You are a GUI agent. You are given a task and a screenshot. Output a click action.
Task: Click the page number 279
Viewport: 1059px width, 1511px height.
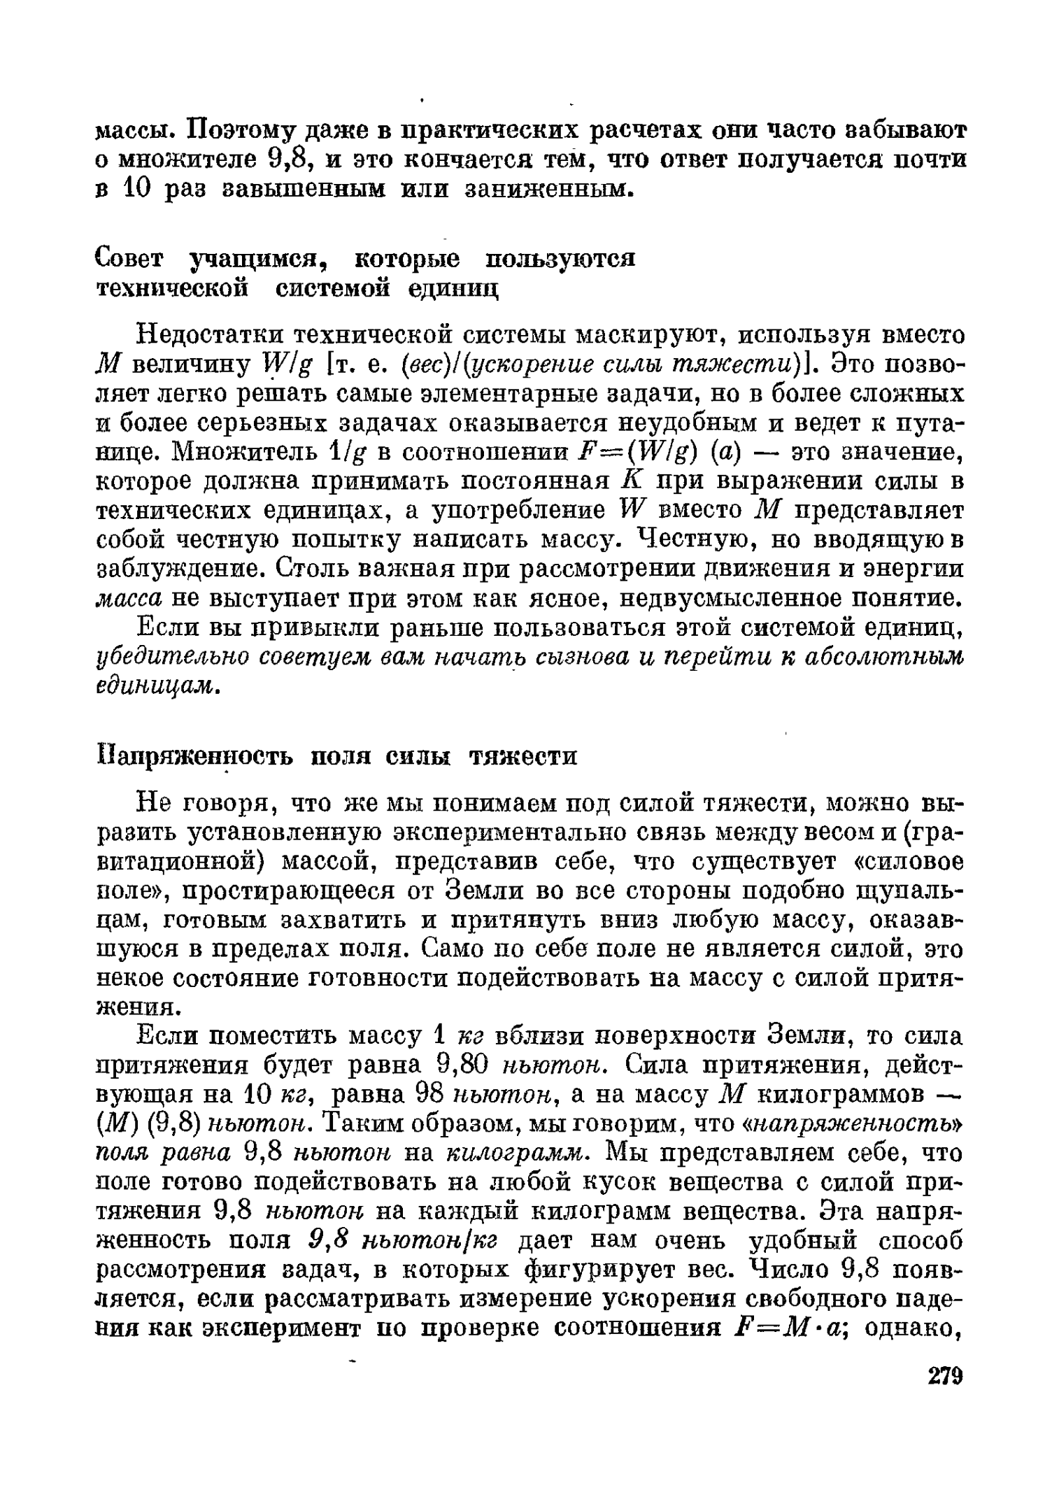coord(945,1396)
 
